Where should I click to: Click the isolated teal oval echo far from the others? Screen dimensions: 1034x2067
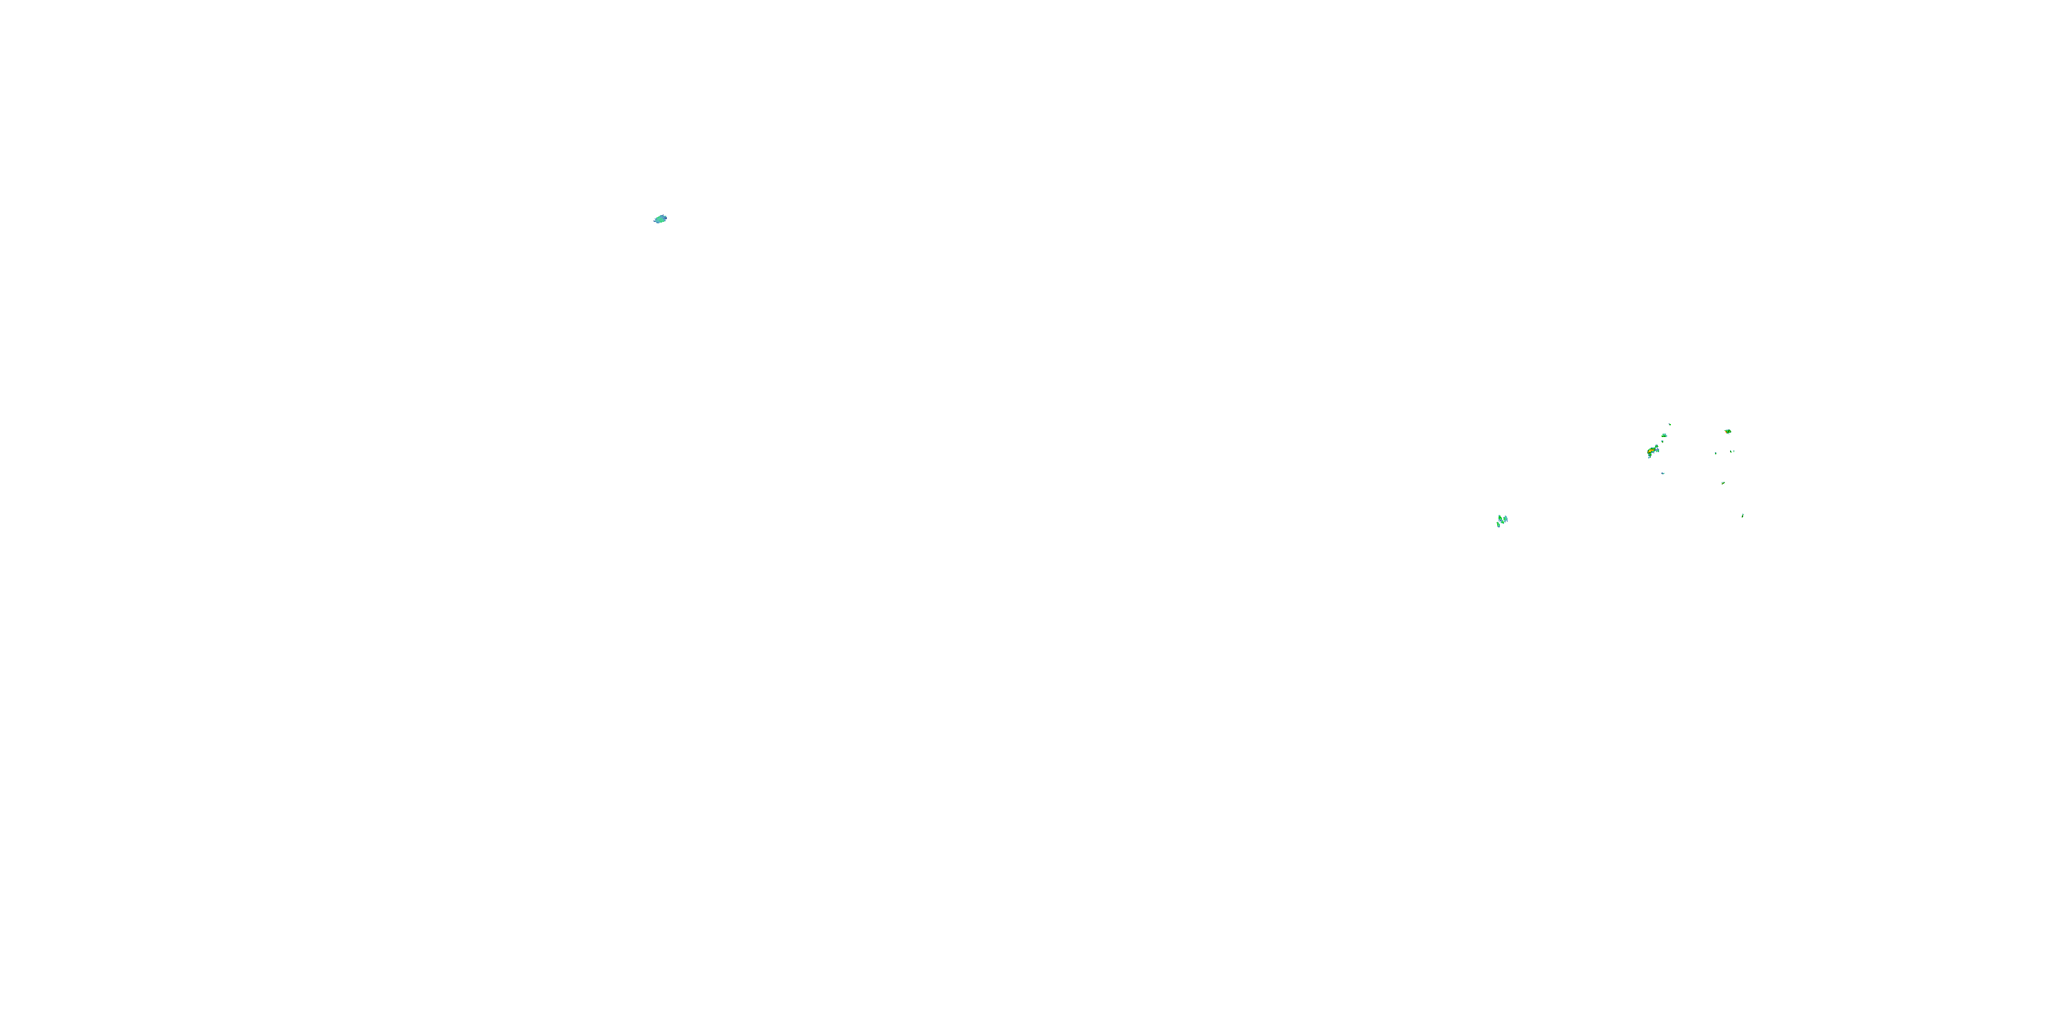pyautogui.click(x=659, y=219)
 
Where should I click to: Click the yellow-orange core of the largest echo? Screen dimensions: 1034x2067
pyautogui.click(x=1651, y=452)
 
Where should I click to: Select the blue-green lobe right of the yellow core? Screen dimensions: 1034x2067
pyautogui.click(x=1657, y=449)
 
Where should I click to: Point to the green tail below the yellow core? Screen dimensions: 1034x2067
pyautogui.click(x=1649, y=456)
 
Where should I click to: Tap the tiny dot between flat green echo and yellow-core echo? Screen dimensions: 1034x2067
pyautogui.click(x=1663, y=443)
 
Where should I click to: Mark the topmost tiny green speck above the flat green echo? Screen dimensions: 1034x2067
pyautogui.click(x=1670, y=425)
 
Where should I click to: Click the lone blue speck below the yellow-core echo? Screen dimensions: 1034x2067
pyautogui.click(x=1663, y=474)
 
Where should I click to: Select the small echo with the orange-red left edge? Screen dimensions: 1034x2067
pyautogui.click(x=1729, y=432)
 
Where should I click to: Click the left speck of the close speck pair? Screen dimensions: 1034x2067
pyautogui.click(x=1731, y=452)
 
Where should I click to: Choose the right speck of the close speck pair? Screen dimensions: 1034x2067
pyautogui.click(x=1734, y=452)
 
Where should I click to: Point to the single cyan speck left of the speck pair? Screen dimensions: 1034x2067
pyautogui.click(x=1716, y=454)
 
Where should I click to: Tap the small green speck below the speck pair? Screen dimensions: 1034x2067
pyautogui.click(x=1724, y=484)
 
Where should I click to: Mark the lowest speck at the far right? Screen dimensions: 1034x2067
pyautogui.click(x=1743, y=516)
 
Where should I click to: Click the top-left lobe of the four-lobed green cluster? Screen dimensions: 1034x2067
pyautogui.click(x=1500, y=518)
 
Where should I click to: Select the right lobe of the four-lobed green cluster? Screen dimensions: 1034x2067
pyautogui.click(x=1505, y=519)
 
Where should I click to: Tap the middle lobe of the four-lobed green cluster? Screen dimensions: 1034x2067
pyautogui.click(x=1502, y=523)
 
